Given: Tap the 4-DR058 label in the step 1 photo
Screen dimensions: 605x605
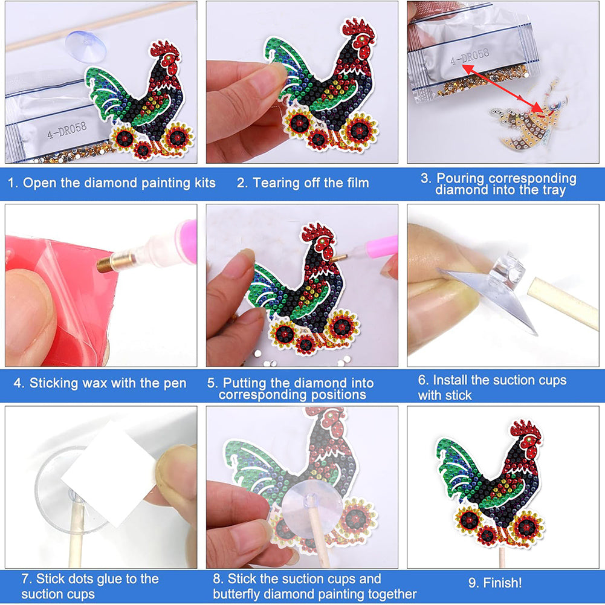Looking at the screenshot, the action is (67, 130).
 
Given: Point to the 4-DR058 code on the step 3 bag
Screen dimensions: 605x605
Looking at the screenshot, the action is (470, 56).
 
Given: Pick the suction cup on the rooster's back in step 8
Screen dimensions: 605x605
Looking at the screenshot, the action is (312, 510).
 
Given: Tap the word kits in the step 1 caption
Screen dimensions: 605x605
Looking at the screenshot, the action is (205, 183).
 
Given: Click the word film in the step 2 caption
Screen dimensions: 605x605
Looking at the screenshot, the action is (357, 183).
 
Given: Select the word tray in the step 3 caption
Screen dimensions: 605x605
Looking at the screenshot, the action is (554, 190).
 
